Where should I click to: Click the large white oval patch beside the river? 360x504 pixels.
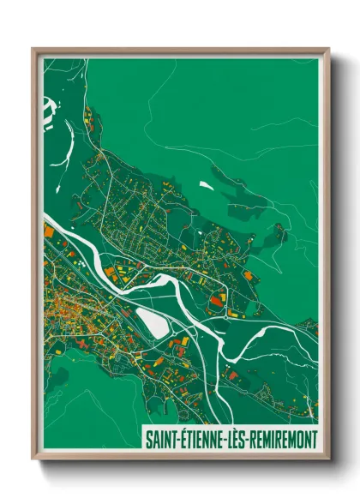(153, 323)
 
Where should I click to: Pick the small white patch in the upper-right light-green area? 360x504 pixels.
(206, 183)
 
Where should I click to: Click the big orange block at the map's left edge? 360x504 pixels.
(49, 231)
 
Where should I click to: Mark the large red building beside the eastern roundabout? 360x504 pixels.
(249, 276)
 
